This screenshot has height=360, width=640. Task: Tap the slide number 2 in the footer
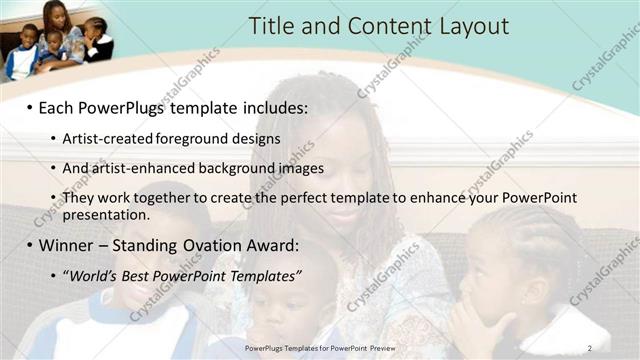click(589, 347)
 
